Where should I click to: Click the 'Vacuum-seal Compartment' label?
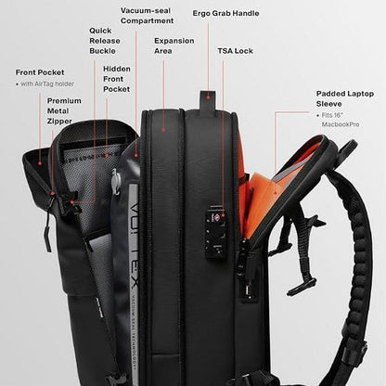147,16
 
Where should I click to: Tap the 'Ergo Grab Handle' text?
225,13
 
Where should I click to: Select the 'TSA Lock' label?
235,51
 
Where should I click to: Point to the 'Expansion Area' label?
174,45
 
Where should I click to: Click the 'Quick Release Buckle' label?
105,41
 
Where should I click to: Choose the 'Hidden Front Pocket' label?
117,79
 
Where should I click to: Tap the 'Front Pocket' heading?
40,72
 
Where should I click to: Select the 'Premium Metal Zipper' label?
64,110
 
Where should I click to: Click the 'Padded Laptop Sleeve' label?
345,98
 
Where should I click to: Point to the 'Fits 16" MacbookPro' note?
341,120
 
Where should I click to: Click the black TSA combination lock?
215,230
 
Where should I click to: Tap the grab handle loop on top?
208,100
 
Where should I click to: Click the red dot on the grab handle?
209,97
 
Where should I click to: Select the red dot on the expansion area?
163,130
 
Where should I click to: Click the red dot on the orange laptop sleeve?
275,192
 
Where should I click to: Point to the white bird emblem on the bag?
115,182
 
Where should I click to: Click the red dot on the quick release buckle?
72,202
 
